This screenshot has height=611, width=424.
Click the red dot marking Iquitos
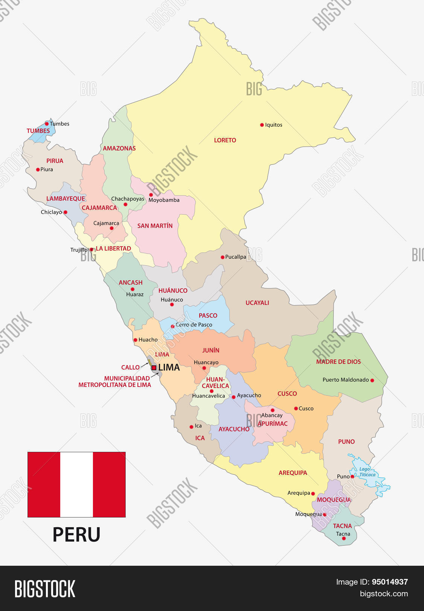pyautogui.click(x=262, y=125)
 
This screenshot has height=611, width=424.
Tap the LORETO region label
pyautogui.click(x=225, y=140)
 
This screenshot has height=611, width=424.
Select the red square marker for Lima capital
pyautogui.click(x=154, y=367)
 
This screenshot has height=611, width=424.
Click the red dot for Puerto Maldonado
pyautogui.click(x=372, y=380)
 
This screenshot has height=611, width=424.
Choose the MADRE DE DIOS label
pyautogui.click(x=338, y=362)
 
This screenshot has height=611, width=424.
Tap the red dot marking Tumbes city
pyautogui.click(x=47, y=124)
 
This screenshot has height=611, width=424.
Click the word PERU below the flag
pyautogui.click(x=76, y=534)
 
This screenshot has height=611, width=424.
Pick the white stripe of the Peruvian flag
pyautogui.click(x=76, y=484)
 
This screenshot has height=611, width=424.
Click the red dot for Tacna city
pyautogui.click(x=343, y=539)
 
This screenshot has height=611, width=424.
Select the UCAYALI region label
pyautogui.click(x=257, y=303)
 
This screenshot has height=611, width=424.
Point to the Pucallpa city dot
pyautogui.click(x=223, y=257)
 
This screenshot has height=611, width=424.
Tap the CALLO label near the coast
pyautogui.click(x=130, y=367)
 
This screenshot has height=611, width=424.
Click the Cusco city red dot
pyautogui.click(x=296, y=408)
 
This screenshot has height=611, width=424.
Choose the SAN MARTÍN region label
pyautogui.click(x=155, y=226)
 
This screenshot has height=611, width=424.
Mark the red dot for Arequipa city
pyautogui.click(x=313, y=493)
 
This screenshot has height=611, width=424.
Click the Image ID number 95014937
pyautogui.click(x=390, y=582)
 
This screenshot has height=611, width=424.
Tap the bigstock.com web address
pyautogui.click(x=384, y=594)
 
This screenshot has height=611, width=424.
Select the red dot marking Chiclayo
pyautogui.click(x=65, y=212)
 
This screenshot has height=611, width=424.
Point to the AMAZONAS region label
pyautogui.click(x=119, y=149)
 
